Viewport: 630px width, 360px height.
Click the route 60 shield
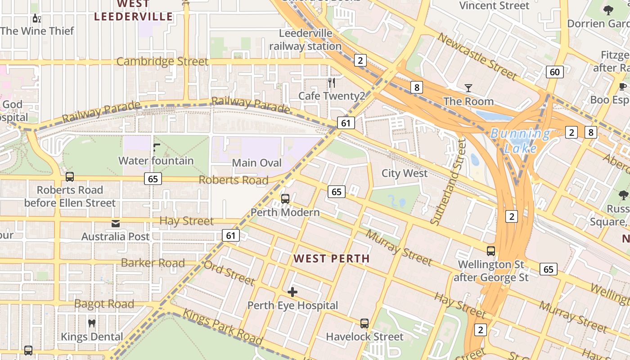coord(555,72)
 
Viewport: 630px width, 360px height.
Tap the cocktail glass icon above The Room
coord(468,88)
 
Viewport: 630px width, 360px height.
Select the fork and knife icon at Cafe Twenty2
coord(332,82)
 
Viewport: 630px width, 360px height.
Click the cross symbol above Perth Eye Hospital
coord(292,292)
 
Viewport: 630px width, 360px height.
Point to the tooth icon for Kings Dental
coord(92,323)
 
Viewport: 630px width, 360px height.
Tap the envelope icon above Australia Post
coord(116,223)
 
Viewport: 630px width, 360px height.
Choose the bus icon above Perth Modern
coord(285,198)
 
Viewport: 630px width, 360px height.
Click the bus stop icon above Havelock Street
coord(364,323)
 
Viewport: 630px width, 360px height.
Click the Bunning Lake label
coord(520,141)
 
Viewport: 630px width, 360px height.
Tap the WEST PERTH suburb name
coord(331,259)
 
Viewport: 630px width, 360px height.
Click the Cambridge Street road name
coord(162,62)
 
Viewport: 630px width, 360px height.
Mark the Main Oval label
coord(257,163)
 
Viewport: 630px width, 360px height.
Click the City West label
coord(405,173)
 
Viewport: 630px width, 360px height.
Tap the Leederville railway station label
coord(306,40)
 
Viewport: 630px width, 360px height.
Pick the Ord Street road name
coord(229,272)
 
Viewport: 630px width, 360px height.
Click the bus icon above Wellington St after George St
coord(491,251)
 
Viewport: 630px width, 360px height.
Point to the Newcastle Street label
coord(477,56)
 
